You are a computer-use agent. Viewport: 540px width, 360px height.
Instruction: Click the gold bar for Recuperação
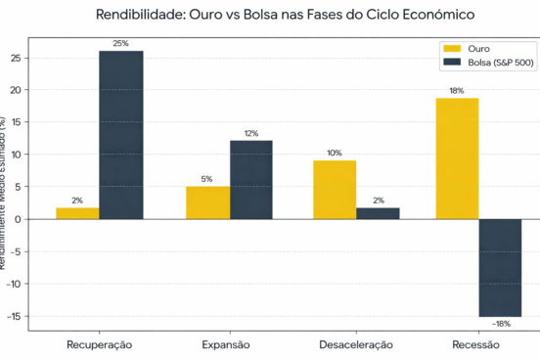(77, 213)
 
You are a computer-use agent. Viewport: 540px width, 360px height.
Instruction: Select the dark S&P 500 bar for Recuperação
(120, 135)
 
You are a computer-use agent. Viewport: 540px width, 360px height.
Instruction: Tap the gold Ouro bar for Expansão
(207, 202)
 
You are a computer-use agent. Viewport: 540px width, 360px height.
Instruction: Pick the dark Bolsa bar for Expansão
(250, 180)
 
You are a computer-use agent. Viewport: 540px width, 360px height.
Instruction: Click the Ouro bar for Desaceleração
(334, 190)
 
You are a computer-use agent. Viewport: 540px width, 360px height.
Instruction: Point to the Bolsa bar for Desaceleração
(377, 213)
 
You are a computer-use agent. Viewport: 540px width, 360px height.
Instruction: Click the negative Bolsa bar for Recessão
(500, 267)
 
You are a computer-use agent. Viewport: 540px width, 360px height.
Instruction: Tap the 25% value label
(120, 43)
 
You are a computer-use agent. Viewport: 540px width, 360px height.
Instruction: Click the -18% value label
(500, 324)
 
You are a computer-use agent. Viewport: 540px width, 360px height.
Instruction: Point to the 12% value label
(250, 133)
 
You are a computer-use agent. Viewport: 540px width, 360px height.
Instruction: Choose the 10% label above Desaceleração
(334, 153)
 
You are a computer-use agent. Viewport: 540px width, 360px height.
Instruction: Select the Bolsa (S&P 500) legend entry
(486, 61)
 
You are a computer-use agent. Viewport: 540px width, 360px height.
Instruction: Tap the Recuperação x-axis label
(99, 344)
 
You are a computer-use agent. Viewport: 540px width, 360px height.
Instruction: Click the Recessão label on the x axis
(478, 344)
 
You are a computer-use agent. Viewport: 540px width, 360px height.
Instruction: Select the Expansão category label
(226, 344)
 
